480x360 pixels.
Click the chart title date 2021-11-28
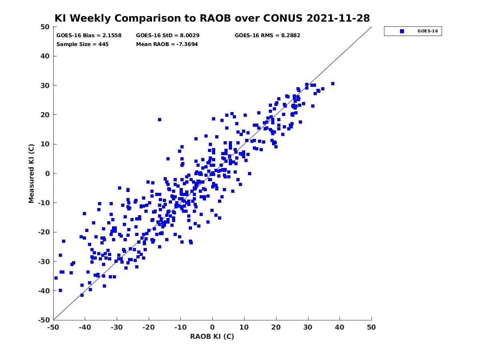(338, 18)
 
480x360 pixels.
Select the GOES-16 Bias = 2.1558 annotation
(89, 36)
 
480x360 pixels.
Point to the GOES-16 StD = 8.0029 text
(168, 36)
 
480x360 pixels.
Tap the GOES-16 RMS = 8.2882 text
(267, 36)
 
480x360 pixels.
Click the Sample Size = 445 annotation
(82, 44)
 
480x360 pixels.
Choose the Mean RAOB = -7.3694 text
(167, 44)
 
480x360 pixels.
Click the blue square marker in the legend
(402, 31)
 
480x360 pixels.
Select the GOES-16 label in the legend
(428, 31)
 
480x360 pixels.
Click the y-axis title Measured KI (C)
(31, 173)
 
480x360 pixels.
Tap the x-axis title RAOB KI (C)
(212, 336)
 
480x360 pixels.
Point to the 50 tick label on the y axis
(45, 27)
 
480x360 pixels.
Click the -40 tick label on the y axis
(44, 291)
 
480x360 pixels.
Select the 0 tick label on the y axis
(48, 174)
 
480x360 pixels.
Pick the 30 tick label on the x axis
(308, 327)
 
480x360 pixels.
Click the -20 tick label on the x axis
(148, 327)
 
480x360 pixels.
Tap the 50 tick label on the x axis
(371, 327)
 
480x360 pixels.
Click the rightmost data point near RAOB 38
(333, 84)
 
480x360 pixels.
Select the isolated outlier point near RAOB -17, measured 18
(160, 120)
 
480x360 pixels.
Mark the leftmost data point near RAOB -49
(56, 278)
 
